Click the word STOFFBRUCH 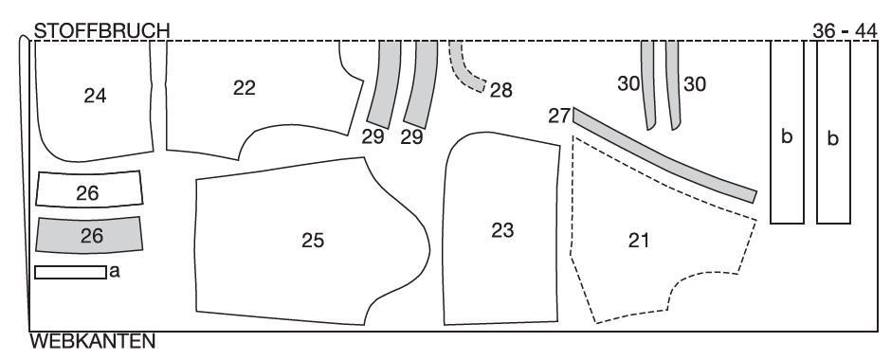click(101, 30)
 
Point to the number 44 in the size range click(865, 30)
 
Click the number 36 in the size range click(824, 30)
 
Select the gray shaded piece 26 click(89, 235)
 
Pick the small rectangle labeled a click(70, 273)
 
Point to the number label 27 click(559, 116)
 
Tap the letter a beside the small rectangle click(115, 272)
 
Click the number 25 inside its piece click(313, 241)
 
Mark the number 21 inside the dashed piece click(640, 241)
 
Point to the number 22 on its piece click(245, 87)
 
